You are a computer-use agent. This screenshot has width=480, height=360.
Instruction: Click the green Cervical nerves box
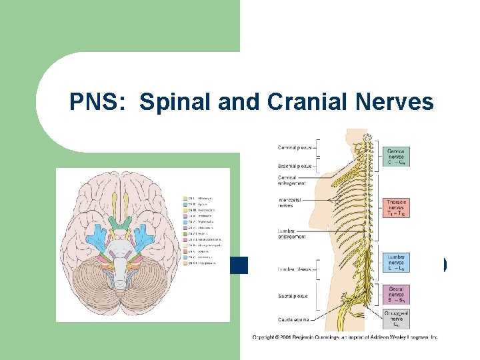397,157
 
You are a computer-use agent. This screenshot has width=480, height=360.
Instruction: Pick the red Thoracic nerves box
397,207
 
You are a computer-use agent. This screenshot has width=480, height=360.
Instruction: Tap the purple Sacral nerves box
397,294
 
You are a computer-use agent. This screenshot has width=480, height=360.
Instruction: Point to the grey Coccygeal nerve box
397,319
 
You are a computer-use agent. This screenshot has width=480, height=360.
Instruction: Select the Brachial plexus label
295,165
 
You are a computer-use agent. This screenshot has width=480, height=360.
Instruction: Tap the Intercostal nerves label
291,202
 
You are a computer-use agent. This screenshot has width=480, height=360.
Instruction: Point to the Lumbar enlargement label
291,233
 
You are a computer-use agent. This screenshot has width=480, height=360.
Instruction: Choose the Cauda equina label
293,319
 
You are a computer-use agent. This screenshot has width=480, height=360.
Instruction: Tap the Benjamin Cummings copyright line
344,337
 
